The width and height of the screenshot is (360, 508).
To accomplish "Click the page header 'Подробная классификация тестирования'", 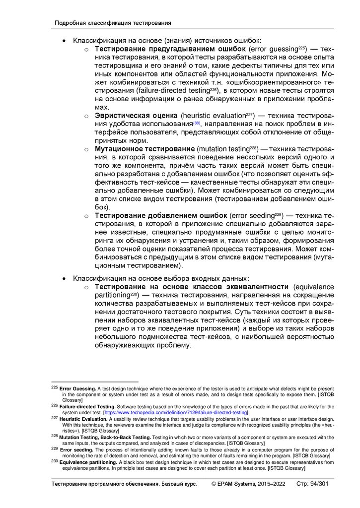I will tap(113, 23).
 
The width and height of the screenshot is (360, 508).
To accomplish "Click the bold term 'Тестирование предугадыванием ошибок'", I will tap(170, 49).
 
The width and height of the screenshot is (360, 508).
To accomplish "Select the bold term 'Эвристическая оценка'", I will tap(137, 116).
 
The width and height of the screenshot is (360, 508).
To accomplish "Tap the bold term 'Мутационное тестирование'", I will tap(144, 149).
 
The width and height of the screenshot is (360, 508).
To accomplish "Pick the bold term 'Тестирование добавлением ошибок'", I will tap(161, 215).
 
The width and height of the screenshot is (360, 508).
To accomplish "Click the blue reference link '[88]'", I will tap(197, 123).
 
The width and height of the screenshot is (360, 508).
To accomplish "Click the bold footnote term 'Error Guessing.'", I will tap(77, 388).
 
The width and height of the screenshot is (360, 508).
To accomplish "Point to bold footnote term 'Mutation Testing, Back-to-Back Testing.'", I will tap(105, 437).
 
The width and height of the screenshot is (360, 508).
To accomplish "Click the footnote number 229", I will tap(55, 448).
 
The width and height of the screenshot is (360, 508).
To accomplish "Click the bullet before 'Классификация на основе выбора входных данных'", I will tap(64, 278).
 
